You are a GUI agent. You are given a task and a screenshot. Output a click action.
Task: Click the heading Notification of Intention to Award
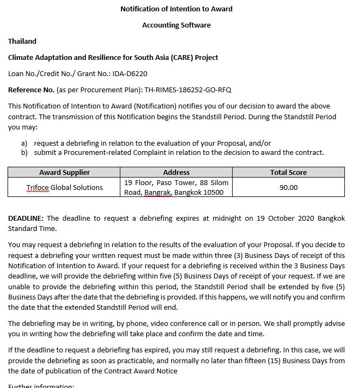[x=176, y=9]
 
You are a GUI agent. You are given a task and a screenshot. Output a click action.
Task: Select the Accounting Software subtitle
[x=176, y=25]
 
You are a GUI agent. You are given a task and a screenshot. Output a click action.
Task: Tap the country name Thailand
[x=22, y=41]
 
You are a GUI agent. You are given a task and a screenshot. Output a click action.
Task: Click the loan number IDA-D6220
[x=131, y=73]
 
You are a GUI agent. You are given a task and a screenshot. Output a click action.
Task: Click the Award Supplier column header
[x=64, y=172]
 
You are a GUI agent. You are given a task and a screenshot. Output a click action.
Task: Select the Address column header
[x=176, y=172]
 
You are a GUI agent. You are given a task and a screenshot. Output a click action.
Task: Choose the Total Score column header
[x=288, y=172]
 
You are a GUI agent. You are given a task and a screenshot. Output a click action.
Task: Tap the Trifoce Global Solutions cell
[x=64, y=187]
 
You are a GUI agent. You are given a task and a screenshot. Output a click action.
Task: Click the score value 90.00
[x=288, y=187]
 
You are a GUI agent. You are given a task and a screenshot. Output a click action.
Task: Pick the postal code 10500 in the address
[x=213, y=192]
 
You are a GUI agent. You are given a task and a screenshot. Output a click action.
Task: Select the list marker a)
[x=24, y=143]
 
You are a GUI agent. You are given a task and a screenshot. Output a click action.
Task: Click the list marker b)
[x=24, y=152]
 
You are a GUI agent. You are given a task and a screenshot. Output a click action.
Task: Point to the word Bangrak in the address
[x=157, y=192]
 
